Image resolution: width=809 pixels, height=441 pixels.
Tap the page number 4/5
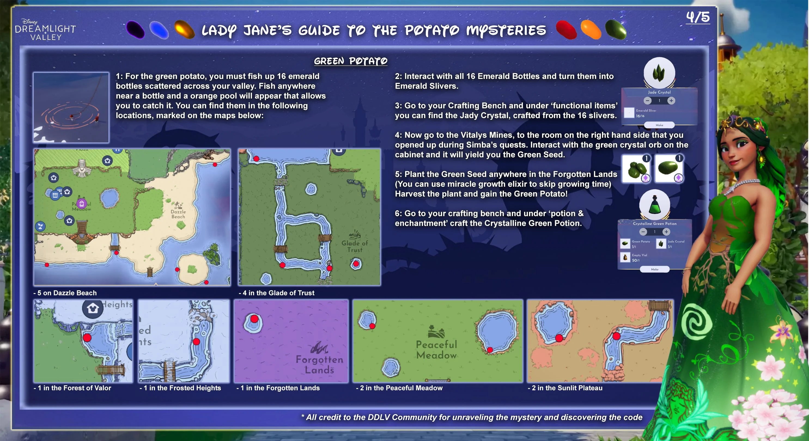(x=698, y=17)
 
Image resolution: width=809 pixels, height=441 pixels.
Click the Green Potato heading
(x=351, y=61)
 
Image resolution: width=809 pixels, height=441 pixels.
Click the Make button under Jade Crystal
(x=659, y=125)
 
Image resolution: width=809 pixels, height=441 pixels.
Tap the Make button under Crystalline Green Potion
(x=655, y=269)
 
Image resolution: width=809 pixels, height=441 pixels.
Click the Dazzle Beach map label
(x=178, y=214)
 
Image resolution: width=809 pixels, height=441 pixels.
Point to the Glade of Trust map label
(x=355, y=246)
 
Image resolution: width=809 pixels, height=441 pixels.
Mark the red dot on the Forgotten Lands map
(x=254, y=319)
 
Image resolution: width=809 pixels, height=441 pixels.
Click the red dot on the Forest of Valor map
(x=87, y=338)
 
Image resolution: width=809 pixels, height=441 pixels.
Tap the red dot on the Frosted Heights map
(x=196, y=341)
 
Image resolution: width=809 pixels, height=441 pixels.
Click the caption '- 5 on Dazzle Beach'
(x=65, y=293)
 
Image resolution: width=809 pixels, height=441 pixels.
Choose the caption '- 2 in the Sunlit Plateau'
(x=565, y=388)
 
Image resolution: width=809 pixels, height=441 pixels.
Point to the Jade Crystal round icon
(x=659, y=73)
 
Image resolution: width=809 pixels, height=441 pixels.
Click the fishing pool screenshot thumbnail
(x=71, y=108)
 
